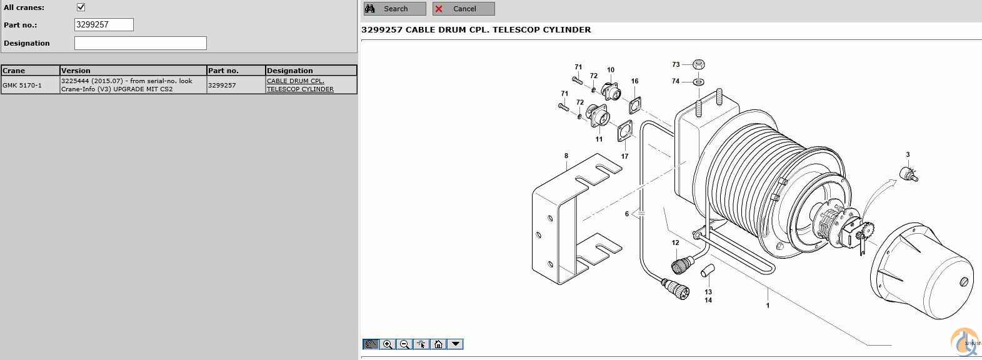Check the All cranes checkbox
coord(81,7)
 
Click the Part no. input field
coord(104,24)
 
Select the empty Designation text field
coord(140,43)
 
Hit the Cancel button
coord(463,9)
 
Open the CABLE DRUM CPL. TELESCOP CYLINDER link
coord(300,85)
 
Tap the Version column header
coord(133,71)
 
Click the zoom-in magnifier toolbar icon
coord(388,344)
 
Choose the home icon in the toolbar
coord(438,344)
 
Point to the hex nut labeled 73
coord(699,64)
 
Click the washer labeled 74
coord(699,81)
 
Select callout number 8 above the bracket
coord(566,156)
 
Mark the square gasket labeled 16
coord(635,105)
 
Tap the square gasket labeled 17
coord(624,131)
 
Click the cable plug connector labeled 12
coord(682,264)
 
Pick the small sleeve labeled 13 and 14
coord(707,271)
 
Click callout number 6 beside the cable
coord(627,214)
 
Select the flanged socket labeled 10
coord(610,91)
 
